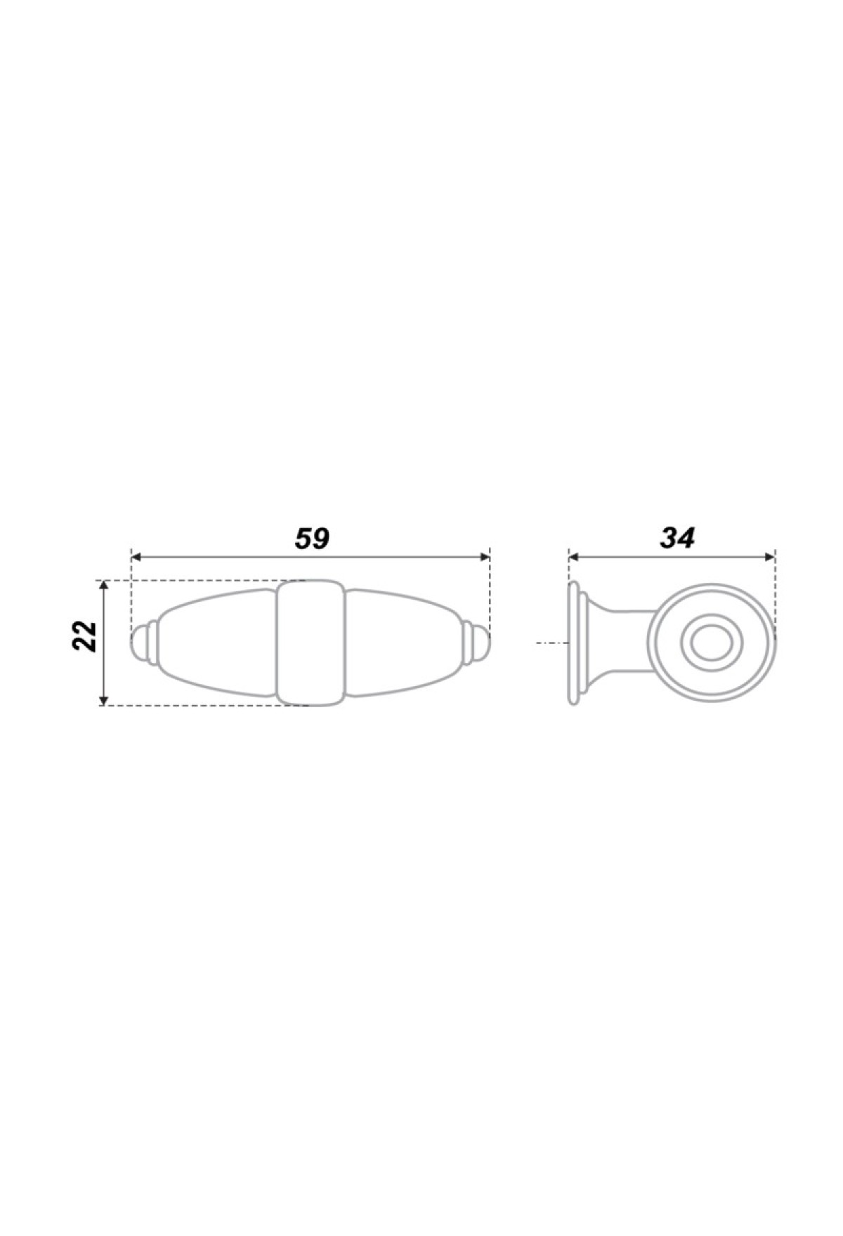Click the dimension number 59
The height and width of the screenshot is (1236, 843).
(311, 538)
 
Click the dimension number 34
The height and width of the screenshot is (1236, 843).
(677, 538)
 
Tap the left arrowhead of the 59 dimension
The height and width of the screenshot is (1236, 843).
(137, 557)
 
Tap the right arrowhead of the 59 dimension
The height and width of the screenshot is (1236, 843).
(484, 557)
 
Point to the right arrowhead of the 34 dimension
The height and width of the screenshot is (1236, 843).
(769, 557)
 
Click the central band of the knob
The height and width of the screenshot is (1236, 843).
(310, 643)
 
